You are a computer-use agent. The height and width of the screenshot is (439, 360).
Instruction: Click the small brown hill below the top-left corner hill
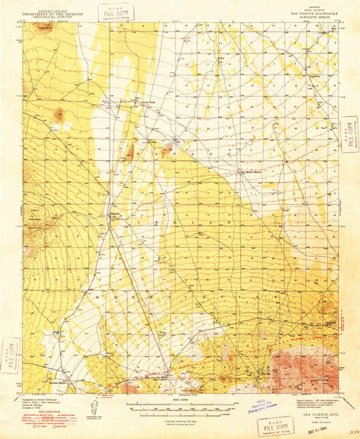(x=57, y=113)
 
